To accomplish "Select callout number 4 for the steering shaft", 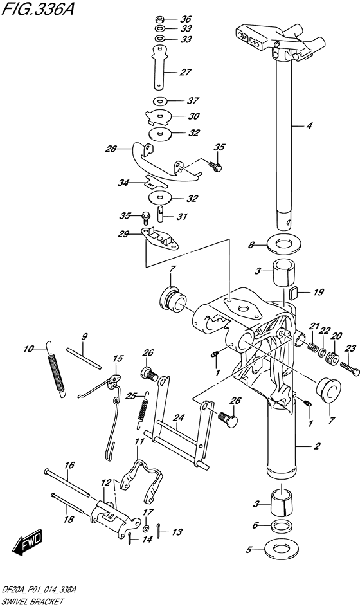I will [x=310, y=126].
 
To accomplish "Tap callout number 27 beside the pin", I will [x=186, y=72].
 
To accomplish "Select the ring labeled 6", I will [x=281, y=526].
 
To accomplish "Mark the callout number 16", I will [x=70, y=464].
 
